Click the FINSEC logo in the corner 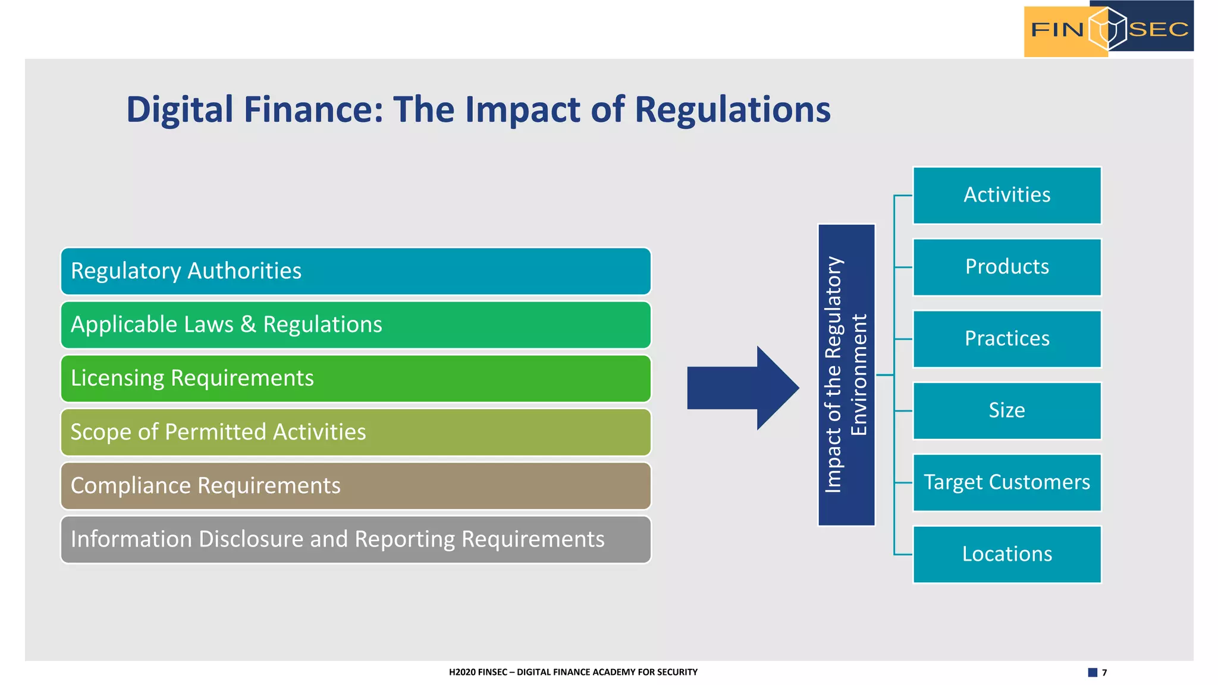point(1109,29)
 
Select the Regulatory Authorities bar point(356,271)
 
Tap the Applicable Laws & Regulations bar point(356,325)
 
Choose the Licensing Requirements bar point(356,378)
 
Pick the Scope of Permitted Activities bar point(356,432)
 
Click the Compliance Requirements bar point(356,486)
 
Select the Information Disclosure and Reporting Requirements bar point(356,539)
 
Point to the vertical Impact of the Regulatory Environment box point(846,375)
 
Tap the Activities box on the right point(1007,195)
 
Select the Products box point(1007,267)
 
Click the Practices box point(1007,339)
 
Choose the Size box point(1007,410)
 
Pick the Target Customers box point(1007,482)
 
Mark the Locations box point(1007,554)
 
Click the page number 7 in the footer point(1104,673)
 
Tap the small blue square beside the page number point(1093,673)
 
